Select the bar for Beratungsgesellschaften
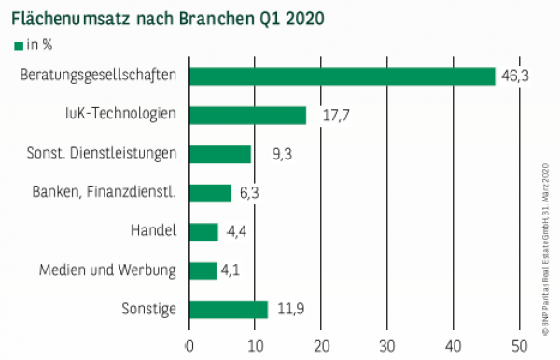coord(342,76)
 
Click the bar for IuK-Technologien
coord(247,116)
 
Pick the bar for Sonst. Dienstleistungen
coord(220,154)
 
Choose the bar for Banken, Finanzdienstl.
coord(210,193)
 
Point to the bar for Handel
coord(203,231)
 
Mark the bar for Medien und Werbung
coord(203,270)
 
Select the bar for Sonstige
coord(229,309)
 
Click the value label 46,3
coord(515,76)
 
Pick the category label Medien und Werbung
coord(107,270)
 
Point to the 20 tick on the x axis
coord(321,345)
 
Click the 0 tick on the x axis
coord(189,345)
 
